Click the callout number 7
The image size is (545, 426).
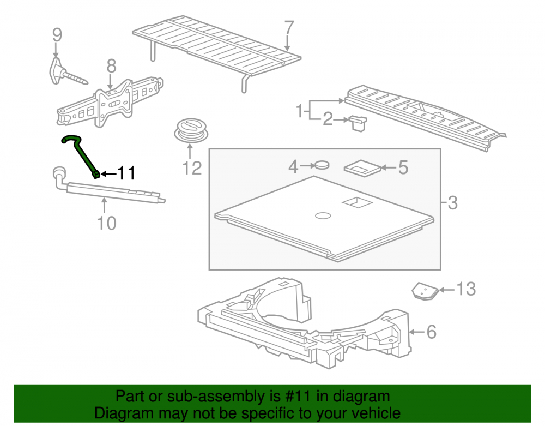click(x=289, y=27)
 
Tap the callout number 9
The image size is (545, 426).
click(x=57, y=35)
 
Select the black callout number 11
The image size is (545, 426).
click(x=126, y=173)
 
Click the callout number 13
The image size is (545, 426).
click(x=465, y=289)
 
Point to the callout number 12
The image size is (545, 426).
click(x=192, y=169)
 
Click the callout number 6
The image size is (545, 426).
click(x=431, y=332)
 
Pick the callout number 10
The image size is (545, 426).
click(x=106, y=223)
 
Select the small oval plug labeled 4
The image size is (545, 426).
click(x=322, y=164)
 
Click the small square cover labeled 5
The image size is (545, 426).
click(x=362, y=169)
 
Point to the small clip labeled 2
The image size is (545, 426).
click(x=358, y=123)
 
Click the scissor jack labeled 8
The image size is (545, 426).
click(x=110, y=102)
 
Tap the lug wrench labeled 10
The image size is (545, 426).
click(x=108, y=188)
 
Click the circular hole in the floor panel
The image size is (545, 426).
click(x=323, y=215)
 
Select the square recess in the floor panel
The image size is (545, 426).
click(x=358, y=203)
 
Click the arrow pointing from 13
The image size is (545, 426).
click(x=447, y=289)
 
